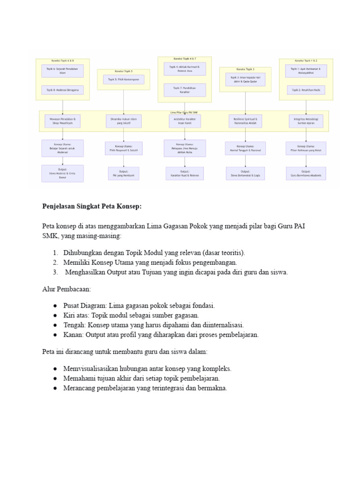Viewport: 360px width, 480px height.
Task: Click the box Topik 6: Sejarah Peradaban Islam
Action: click(62, 71)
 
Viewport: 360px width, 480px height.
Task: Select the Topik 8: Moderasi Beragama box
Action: click(62, 90)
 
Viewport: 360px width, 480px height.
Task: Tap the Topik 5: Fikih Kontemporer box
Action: click(124, 80)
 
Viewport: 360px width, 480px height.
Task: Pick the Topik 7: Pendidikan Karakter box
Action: click(184, 90)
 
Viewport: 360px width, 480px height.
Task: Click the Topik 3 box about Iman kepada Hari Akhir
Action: click(245, 80)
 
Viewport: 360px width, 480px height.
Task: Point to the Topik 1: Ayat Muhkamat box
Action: click(306, 71)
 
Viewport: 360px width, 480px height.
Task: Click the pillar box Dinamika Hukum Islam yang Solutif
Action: click(124, 121)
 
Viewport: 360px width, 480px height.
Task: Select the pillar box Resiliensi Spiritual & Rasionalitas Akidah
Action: click(245, 121)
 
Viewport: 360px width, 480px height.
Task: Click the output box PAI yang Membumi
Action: click(124, 173)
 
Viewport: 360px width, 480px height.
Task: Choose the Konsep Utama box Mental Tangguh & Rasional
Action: click(245, 149)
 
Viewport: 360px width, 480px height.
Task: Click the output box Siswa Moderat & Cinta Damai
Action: click(62, 173)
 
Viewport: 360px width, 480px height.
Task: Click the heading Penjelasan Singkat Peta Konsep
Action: click(92, 206)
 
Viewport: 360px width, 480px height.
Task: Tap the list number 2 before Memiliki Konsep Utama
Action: click(55, 262)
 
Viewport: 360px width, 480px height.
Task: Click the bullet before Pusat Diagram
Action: click(55, 306)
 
